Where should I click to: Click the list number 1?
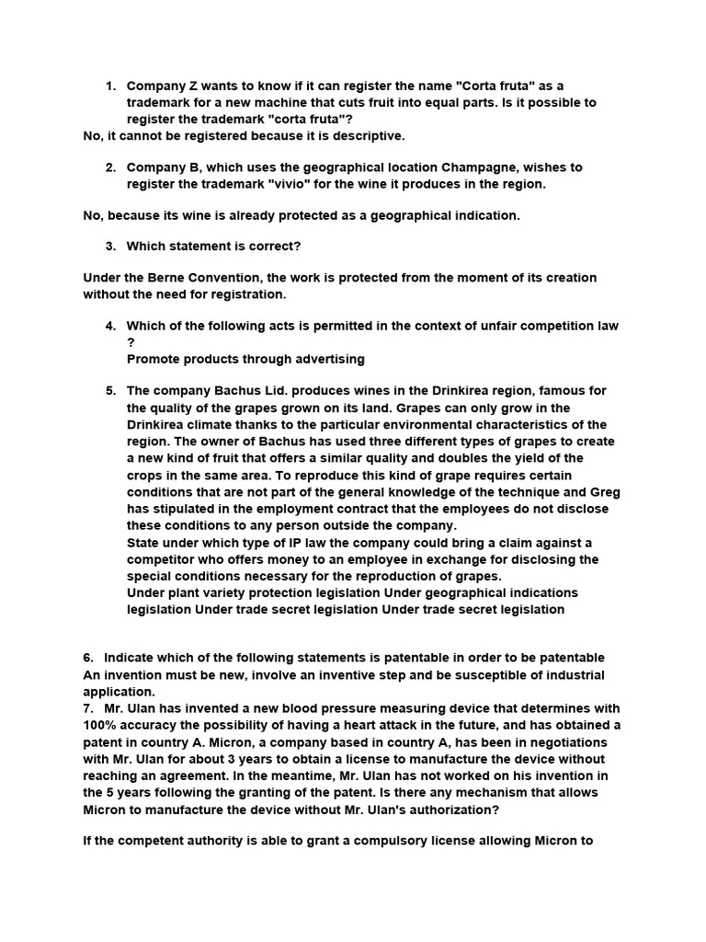tap(109, 86)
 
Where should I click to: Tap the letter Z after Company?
tap(195, 86)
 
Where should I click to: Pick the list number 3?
tap(109, 247)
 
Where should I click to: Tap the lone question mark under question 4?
tap(131, 342)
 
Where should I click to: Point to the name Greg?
tap(605, 492)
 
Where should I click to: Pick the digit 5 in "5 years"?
tap(110, 792)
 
